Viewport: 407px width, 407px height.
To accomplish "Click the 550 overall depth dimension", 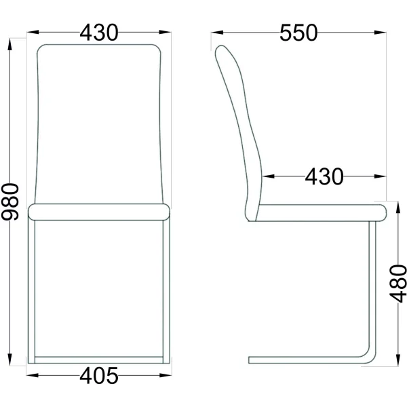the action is click(x=298, y=33).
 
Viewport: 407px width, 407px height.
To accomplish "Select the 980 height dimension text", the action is click(x=10, y=201).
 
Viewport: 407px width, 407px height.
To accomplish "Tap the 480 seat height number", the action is click(x=398, y=284).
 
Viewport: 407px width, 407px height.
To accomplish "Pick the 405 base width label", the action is click(x=99, y=376).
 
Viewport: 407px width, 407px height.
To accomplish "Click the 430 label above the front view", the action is click(x=99, y=33).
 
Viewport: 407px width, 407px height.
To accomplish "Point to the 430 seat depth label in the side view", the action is click(x=324, y=177).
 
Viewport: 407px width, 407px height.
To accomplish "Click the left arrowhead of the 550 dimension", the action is click(x=217, y=33).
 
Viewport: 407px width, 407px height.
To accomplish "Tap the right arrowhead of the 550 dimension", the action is click(x=380, y=33).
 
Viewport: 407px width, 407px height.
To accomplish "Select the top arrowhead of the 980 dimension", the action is click(x=10, y=44).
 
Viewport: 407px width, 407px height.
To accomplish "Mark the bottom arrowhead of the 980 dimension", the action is click(x=10, y=360).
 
